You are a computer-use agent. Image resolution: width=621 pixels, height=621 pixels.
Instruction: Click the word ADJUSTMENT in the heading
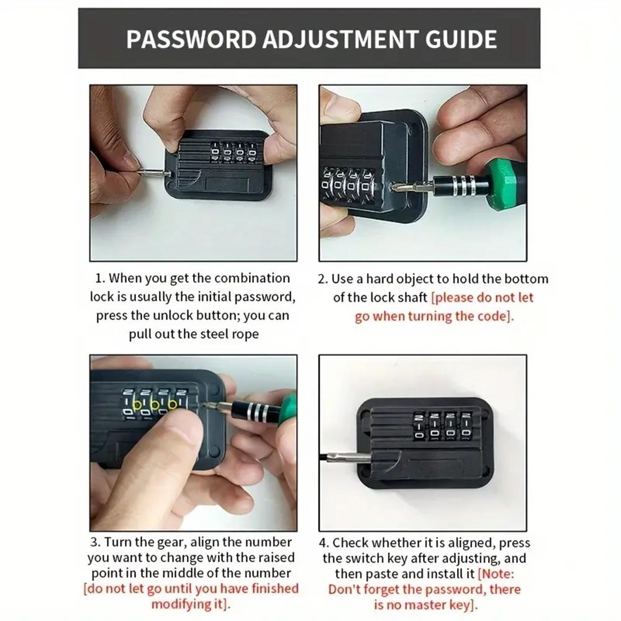(328, 39)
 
